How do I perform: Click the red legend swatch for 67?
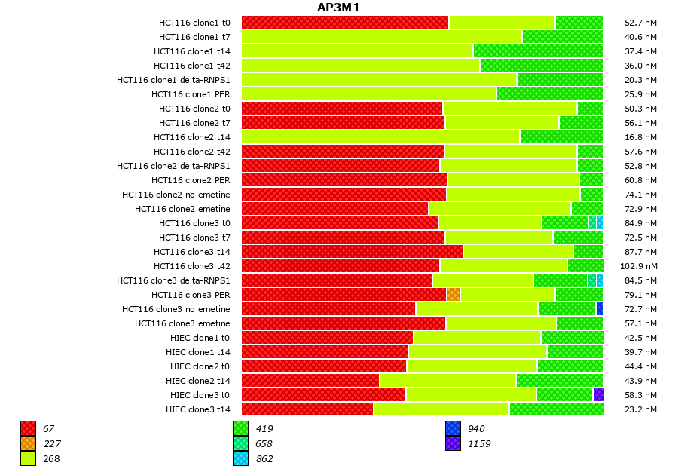click(28, 428)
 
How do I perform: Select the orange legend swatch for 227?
click(28, 443)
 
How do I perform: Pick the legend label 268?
click(51, 458)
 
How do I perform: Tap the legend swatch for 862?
click(240, 458)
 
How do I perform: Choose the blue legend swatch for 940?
click(453, 428)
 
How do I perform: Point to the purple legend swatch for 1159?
click(453, 443)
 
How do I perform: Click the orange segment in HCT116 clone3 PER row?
click(453, 294)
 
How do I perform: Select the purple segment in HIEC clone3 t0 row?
click(598, 394)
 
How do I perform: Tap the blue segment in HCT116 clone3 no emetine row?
click(600, 308)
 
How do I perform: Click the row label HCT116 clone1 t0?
click(194, 23)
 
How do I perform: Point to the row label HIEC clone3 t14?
click(198, 409)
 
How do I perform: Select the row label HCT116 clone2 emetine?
click(182, 209)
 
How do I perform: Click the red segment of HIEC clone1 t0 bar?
click(327, 337)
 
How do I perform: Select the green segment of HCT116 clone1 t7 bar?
click(563, 36)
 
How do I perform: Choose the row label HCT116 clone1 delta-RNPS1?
click(173, 80)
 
